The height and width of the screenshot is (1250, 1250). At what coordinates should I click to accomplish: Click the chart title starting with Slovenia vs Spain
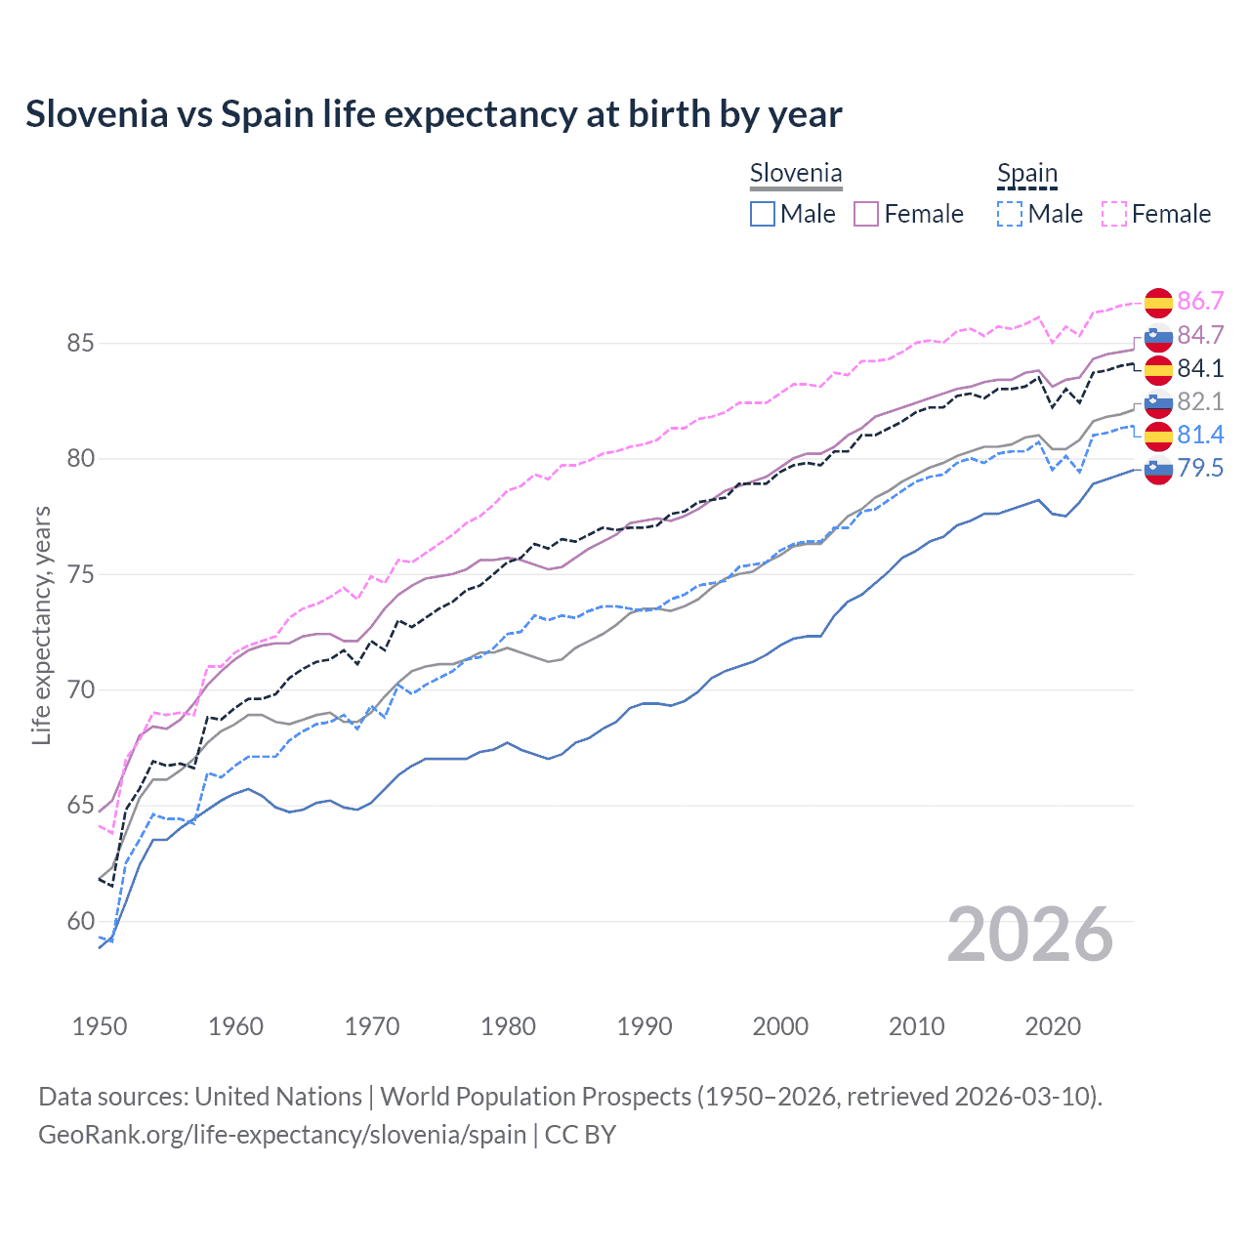click(434, 114)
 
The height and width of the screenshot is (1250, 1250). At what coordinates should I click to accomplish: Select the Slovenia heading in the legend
click(795, 174)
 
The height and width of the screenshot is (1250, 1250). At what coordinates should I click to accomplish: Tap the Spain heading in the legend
click(1026, 174)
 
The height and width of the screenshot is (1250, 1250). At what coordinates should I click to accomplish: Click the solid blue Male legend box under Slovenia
click(763, 214)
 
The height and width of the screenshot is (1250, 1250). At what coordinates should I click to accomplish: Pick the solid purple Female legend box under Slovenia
click(867, 214)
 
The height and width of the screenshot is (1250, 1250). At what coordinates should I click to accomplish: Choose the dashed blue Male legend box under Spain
click(1011, 214)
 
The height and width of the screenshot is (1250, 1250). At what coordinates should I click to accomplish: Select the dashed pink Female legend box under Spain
click(1114, 214)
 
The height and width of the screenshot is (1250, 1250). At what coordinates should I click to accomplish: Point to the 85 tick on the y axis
click(80, 344)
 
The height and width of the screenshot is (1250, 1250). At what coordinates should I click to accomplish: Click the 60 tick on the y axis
click(80, 921)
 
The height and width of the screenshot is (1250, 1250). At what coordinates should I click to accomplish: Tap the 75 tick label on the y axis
click(80, 574)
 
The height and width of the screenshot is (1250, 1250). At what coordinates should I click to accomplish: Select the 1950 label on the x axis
click(100, 1026)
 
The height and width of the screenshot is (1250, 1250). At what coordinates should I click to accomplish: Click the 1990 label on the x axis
click(645, 1026)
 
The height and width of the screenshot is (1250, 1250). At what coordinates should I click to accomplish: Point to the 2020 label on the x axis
click(1053, 1026)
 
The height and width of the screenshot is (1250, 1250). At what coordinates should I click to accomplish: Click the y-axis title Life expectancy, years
click(41, 625)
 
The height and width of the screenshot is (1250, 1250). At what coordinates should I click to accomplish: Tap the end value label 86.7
click(1200, 301)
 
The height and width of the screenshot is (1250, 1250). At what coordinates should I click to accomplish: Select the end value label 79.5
click(1200, 468)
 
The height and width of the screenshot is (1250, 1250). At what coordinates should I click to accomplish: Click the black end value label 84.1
click(1200, 368)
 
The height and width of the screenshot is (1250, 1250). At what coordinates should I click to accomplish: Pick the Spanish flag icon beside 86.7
click(1158, 303)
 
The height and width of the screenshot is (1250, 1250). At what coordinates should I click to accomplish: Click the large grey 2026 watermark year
click(1030, 935)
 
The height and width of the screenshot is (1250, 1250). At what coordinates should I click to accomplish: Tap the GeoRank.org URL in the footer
click(281, 1135)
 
